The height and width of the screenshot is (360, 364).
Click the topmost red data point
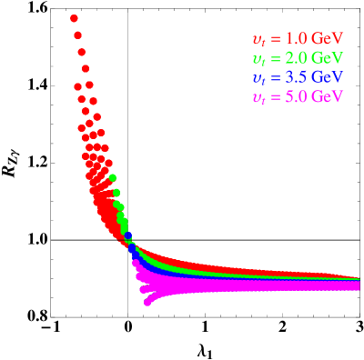coord(74,18)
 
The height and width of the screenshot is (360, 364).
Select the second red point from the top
coord(78,35)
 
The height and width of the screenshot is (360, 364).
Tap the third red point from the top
coord(82,52)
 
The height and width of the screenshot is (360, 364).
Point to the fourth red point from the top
coord(85,68)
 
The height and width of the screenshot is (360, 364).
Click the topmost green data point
coord(112,177)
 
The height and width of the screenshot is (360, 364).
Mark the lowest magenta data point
coord(147,303)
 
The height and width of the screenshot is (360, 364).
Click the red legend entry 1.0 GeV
coord(297,39)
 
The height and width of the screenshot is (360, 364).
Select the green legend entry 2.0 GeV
coord(297,58)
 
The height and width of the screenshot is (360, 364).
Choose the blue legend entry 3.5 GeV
coord(297,77)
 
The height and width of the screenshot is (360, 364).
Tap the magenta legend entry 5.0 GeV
coord(297,96)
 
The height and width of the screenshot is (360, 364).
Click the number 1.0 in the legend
coord(297,39)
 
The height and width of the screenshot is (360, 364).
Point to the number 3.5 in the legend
coord(297,77)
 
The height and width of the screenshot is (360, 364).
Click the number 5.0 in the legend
coord(297,96)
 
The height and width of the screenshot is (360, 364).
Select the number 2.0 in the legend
coord(297,58)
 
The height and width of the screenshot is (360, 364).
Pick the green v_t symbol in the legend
coord(259,60)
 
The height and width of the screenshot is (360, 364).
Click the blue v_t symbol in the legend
coord(259,79)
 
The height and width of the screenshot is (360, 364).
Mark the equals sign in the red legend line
coord(276,40)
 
